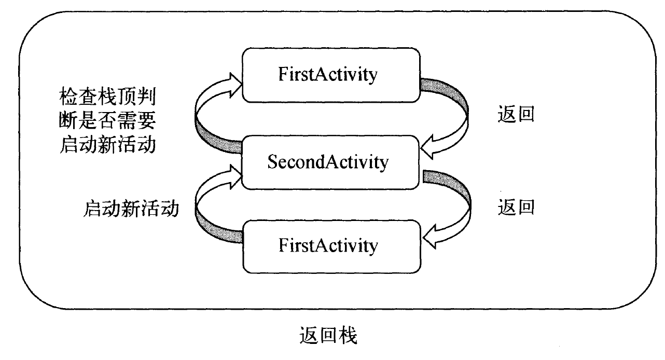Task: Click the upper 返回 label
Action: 516,114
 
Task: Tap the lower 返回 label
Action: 516,207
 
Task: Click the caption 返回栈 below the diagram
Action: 328,336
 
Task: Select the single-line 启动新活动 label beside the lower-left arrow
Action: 131,209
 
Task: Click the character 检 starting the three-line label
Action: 68,96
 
